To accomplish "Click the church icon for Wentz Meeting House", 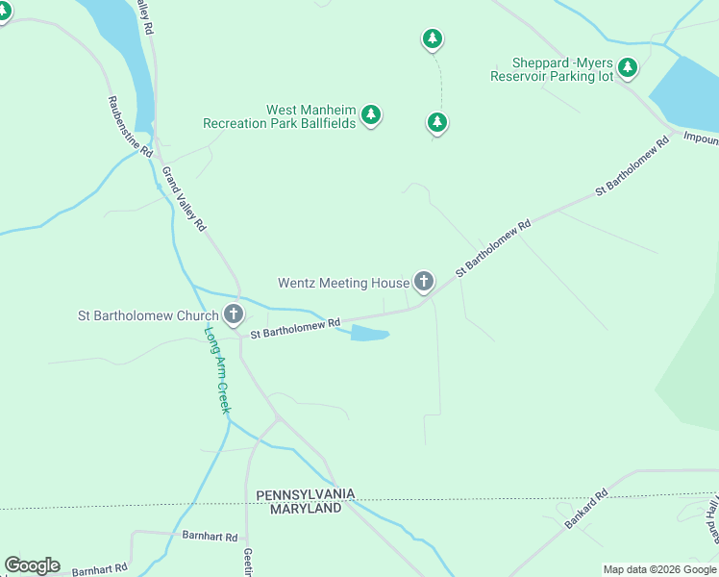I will pos(424,282).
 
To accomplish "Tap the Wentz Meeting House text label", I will pos(343,283).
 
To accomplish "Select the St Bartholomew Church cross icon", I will pos(233,314).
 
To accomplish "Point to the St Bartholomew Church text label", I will pos(148,314).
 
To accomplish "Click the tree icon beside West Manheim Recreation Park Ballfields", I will pos(371,115).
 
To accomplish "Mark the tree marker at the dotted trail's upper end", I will pos(433,38).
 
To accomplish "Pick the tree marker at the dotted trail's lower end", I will pos(437,122).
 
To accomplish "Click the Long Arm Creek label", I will pos(217,370).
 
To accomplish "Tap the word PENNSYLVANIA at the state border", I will pos(306,493).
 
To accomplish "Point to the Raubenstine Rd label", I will pos(131,126).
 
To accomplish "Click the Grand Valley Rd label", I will pos(185,199).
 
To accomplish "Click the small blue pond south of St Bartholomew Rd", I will pos(369,334).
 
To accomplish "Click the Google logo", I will pos(32,565).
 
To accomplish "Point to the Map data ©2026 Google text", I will pos(659,569).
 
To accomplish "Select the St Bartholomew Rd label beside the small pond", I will pos(295,329).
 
